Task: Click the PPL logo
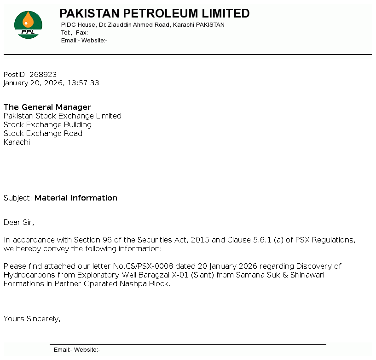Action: coord(28,25)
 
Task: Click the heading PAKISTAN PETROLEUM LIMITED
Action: coord(154,13)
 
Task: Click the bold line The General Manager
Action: coord(47,107)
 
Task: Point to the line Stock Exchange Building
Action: coord(47,124)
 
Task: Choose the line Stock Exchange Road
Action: coord(43,133)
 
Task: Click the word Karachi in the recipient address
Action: coord(17,142)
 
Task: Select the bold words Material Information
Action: coord(76,198)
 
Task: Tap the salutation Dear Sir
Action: coord(18,222)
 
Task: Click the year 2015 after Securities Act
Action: coord(200,240)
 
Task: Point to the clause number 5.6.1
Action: coord(263,240)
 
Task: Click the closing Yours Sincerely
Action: coord(32,319)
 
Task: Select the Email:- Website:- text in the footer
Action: coord(77,350)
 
